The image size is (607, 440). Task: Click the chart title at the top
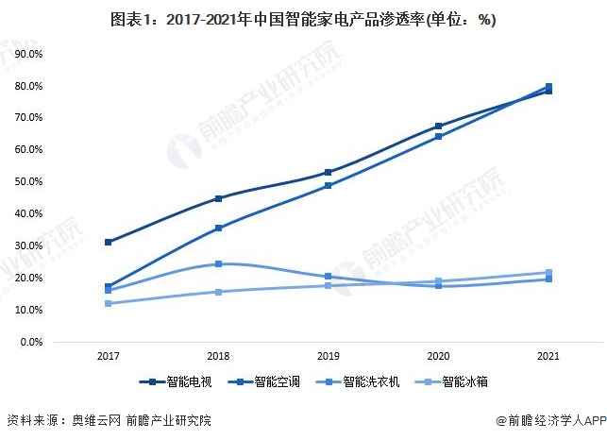tap(304, 19)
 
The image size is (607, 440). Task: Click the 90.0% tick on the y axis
tap(28, 55)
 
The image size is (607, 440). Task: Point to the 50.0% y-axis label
tap(28, 182)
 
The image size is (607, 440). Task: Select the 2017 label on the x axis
tap(110, 357)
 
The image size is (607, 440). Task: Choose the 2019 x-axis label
tap(329, 357)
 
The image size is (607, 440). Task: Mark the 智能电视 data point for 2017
tap(110, 242)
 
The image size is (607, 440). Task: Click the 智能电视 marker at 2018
tap(219, 198)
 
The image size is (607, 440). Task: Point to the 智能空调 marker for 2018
tap(219, 228)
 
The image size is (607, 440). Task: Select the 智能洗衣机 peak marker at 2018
tap(219, 264)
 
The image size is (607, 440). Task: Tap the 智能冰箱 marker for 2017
tap(110, 303)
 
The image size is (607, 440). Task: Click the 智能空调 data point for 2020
tap(438, 137)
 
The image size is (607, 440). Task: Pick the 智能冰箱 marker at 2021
tap(548, 273)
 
